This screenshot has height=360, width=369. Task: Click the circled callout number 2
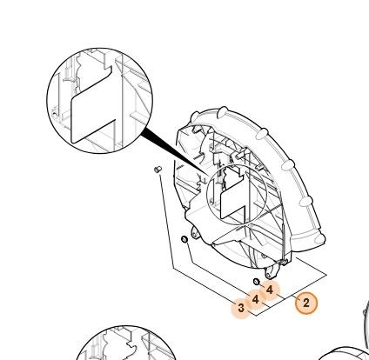pyautogui.click(x=306, y=303)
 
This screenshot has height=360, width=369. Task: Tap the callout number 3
pyautogui.click(x=241, y=308)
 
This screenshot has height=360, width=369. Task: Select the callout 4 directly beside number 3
pyautogui.click(x=255, y=299)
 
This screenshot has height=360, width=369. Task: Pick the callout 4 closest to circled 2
pyautogui.click(x=270, y=290)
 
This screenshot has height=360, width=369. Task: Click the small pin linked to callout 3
pyautogui.click(x=158, y=169)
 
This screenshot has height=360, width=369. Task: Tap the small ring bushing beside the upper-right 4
pyautogui.click(x=257, y=281)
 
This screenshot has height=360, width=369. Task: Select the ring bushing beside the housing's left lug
pyautogui.click(x=184, y=239)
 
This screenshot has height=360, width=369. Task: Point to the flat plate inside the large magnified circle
pyautogui.click(x=93, y=111)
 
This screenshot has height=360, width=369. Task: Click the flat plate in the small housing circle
pyautogui.click(x=233, y=198)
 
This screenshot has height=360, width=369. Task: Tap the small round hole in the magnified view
pyautogui.click(x=54, y=115)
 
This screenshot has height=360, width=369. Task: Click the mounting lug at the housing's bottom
pyautogui.click(x=272, y=272)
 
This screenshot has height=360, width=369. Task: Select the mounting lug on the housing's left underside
pyautogui.click(x=195, y=233)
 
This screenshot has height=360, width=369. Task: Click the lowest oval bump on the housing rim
pyautogui.click(x=319, y=238)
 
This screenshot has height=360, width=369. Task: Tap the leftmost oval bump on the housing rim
pyautogui.click(x=196, y=117)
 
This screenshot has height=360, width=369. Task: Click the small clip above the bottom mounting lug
pyautogui.click(x=283, y=262)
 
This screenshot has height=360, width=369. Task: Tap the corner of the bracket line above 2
pyautogui.click(x=327, y=275)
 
